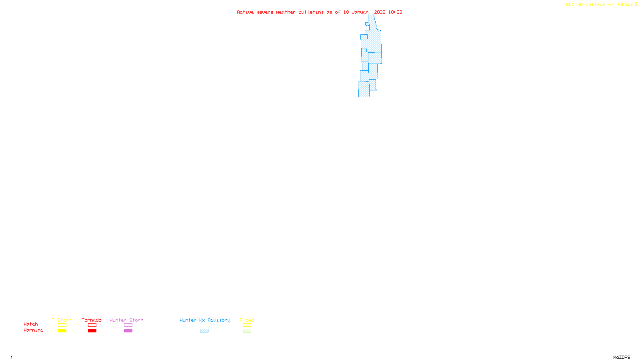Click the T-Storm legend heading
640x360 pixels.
click(62, 320)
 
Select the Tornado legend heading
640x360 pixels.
click(92, 320)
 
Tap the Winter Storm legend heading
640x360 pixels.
click(126, 320)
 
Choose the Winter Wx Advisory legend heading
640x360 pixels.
click(205, 320)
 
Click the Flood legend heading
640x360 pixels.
click(247, 320)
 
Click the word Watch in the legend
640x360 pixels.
click(31, 324)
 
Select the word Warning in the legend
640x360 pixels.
click(34, 330)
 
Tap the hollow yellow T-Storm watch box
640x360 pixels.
click(62, 325)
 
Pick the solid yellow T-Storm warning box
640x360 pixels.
click(62, 331)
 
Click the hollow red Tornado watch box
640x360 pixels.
click(92, 325)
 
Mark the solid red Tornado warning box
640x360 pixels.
click(92, 331)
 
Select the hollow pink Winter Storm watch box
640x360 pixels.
click(128, 325)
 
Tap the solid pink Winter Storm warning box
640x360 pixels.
click(128, 331)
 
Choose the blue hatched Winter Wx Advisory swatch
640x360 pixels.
click(204, 331)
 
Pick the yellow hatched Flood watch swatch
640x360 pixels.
click(247, 325)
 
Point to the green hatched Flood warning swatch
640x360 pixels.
click(247, 331)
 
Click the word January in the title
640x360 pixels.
click(362, 12)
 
